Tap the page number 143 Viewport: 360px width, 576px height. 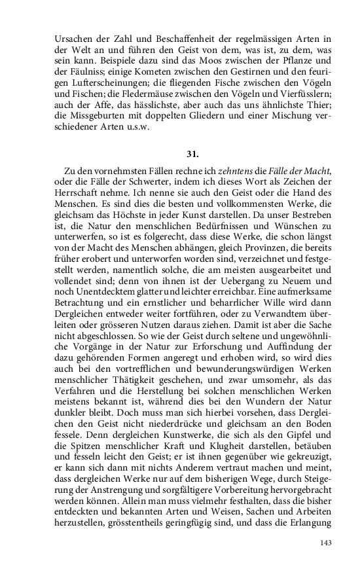coord(325,542)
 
